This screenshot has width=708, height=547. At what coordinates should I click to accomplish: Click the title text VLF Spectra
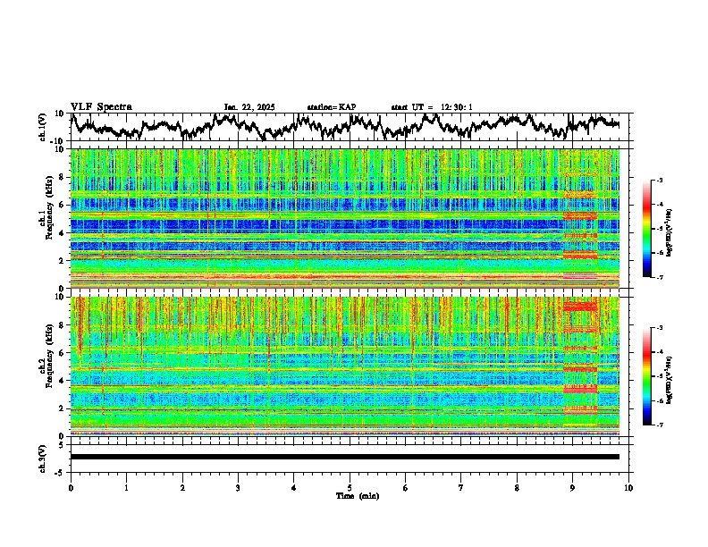pyautogui.click(x=101, y=106)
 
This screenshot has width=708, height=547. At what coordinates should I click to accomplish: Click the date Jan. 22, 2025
pyautogui.click(x=249, y=107)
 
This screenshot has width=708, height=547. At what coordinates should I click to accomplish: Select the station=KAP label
pyautogui.click(x=331, y=107)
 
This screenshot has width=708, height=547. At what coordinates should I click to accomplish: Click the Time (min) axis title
pyautogui.click(x=350, y=495)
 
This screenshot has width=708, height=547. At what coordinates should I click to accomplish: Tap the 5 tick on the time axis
pyautogui.click(x=350, y=487)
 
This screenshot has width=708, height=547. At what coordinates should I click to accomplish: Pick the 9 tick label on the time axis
pyautogui.click(x=573, y=487)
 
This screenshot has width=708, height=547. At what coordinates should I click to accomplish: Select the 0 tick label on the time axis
pyautogui.click(x=71, y=487)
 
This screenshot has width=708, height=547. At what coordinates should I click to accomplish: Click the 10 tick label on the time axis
pyautogui.click(x=629, y=487)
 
